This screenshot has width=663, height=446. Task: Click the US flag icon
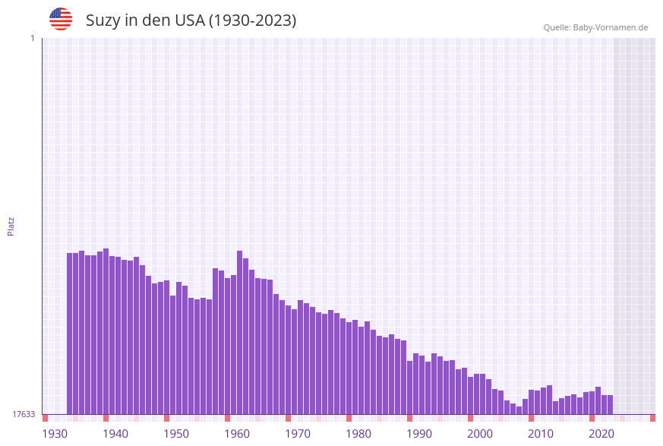pos(61,19)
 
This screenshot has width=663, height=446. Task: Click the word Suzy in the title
pos(103,21)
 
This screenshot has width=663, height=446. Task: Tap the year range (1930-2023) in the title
pos(252,21)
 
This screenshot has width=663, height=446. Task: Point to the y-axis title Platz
pos(11,226)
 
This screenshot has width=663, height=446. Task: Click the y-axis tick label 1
pos(32,38)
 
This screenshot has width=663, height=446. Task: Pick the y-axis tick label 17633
pos(24,414)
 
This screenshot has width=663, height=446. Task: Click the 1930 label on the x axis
pos(55,434)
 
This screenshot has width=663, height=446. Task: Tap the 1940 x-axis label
pos(115,434)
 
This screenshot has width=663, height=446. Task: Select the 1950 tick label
pos(176,434)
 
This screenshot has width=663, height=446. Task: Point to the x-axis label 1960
pos(237,434)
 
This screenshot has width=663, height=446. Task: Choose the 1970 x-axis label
pos(298,434)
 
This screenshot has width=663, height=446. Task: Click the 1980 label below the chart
pos(358,434)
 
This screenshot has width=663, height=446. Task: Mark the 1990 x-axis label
pos(419,434)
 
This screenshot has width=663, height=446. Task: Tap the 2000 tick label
pos(480,434)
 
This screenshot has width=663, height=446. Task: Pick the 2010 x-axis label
pos(541,434)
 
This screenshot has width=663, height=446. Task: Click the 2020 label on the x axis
pos(601,434)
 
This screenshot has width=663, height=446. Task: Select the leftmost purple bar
pos(70,334)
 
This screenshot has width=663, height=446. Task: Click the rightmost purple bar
pos(610,405)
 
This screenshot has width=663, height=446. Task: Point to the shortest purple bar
pos(519,410)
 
